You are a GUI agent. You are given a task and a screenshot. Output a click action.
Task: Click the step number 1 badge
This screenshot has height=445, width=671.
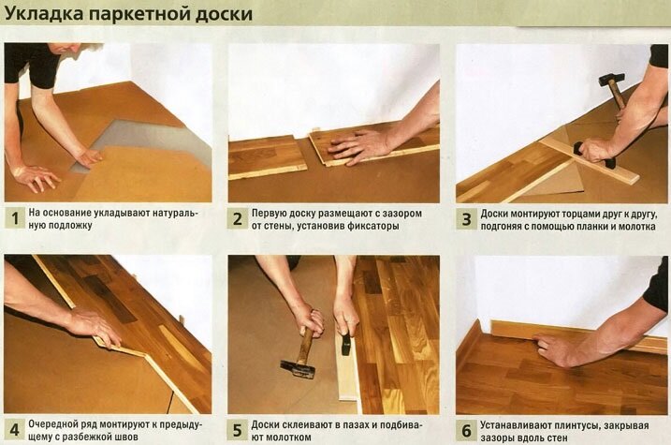pyautogui.click(x=14, y=220)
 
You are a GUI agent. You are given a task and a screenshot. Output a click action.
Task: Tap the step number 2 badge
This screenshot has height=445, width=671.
pyautogui.click(x=239, y=220)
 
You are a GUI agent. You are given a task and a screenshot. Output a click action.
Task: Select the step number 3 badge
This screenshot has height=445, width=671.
pyautogui.click(x=465, y=220)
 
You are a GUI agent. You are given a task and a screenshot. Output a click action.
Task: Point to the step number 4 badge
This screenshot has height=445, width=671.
pyautogui.click(x=14, y=430)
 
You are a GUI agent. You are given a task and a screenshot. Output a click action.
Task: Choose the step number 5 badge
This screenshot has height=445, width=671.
pyautogui.click(x=239, y=430)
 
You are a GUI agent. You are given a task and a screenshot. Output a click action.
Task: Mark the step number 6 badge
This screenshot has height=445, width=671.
pyautogui.click(x=465, y=430)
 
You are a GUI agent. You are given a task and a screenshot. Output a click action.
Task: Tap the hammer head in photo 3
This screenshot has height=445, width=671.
pyautogui.click(x=613, y=81)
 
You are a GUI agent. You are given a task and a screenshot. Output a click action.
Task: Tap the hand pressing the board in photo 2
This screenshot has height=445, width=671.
pyautogui.click(x=360, y=145)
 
